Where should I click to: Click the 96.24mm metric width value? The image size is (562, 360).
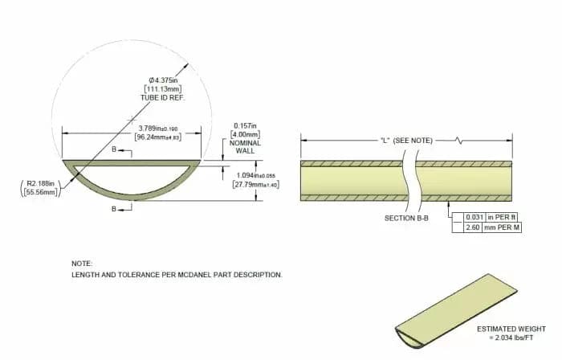pos(157,137)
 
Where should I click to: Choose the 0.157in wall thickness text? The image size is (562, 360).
pos(245,125)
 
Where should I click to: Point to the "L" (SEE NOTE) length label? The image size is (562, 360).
pos(406,140)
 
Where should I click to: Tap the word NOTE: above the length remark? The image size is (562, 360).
pos(81,263)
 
